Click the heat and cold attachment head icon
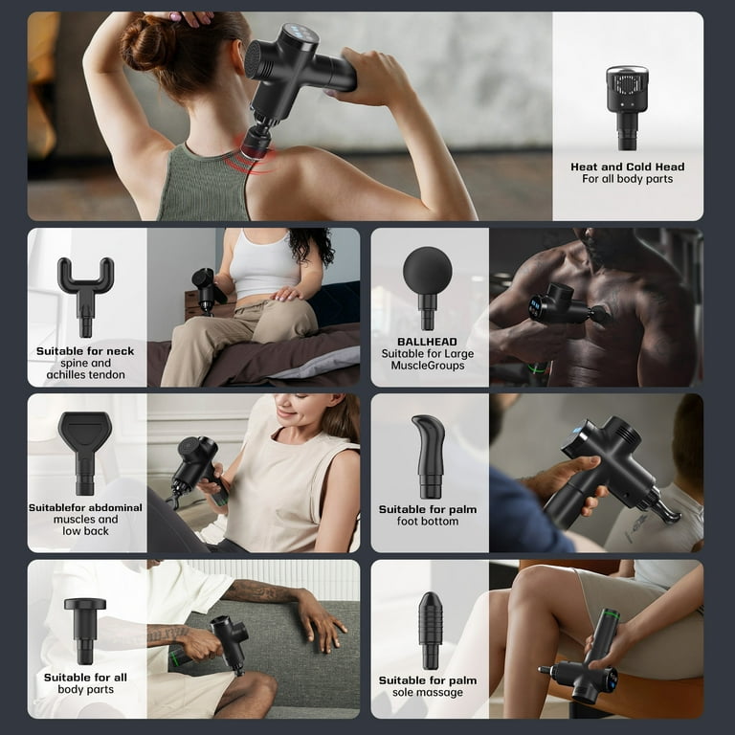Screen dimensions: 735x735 [627, 107]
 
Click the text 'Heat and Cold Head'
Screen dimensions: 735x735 [627, 167]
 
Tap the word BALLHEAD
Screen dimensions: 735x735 [427, 342]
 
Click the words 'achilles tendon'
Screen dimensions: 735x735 [86, 375]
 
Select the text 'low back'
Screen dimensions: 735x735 [85, 531]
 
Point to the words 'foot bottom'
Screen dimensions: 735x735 [428, 522]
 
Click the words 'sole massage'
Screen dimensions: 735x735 [428, 692]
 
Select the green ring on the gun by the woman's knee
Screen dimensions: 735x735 [611, 612]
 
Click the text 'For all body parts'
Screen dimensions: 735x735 [627, 179]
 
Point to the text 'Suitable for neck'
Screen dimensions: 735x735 [85, 351]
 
